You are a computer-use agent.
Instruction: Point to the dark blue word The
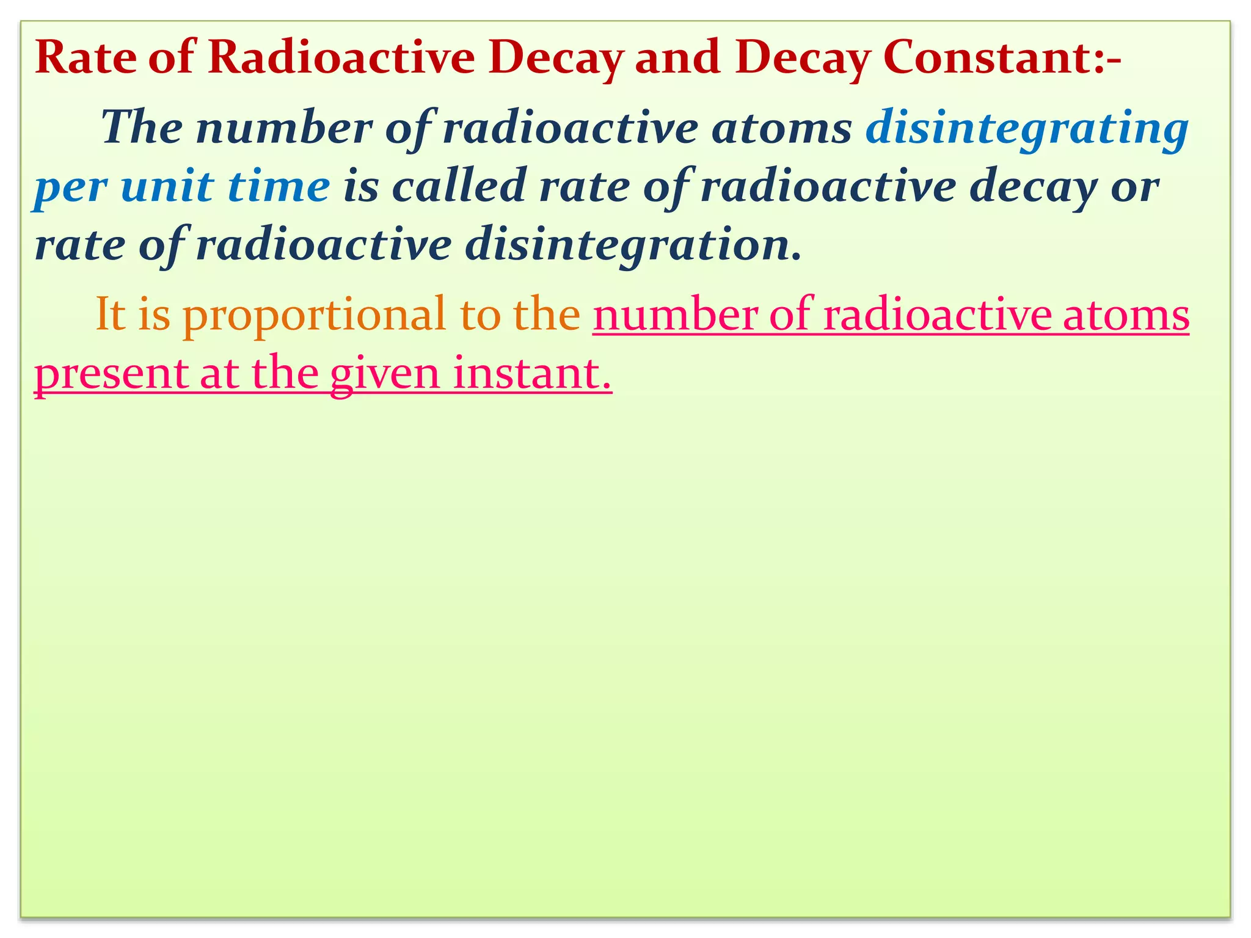pos(142,128)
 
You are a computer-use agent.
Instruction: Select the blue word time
pos(279,186)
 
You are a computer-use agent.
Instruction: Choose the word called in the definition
pos(459,186)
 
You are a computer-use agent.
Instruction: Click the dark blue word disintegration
pos(632,245)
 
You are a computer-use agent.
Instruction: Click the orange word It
pos(111,314)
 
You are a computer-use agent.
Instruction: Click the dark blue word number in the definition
pos(284,128)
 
